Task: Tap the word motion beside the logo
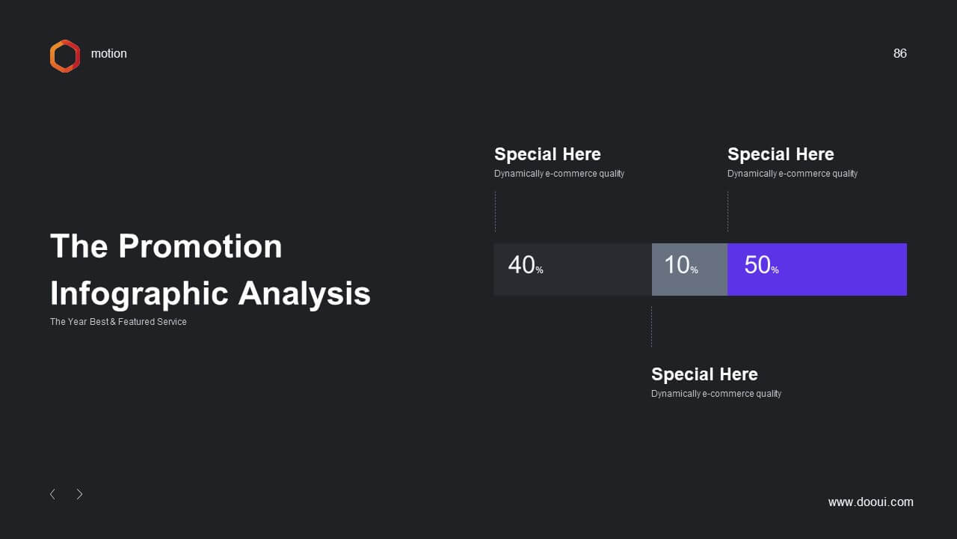(109, 53)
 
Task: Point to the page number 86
(899, 53)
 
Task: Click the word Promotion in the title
(200, 246)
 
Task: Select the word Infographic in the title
(140, 294)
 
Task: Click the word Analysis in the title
(304, 294)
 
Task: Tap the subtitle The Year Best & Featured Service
(118, 322)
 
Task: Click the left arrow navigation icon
(52, 494)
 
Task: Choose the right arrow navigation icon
(79, 494)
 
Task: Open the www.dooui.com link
(871, 502)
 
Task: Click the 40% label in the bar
(526, 265)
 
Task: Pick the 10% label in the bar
(681, 265)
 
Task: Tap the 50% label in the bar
(761, 265)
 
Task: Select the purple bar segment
(817, 269)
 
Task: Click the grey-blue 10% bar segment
(689, 269)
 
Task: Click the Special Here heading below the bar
(704, 374)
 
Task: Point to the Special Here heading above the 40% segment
(547, 154)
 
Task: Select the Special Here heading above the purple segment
(781, 154)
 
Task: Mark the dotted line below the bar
(651, 326)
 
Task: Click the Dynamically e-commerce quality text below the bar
(716, 394)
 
